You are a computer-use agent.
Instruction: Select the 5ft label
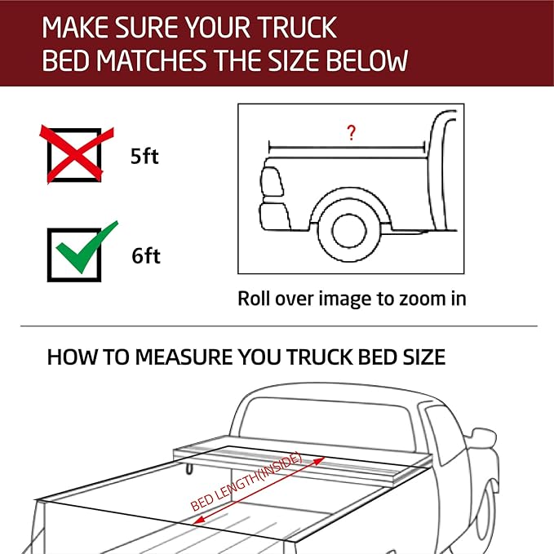(x=144, y=156)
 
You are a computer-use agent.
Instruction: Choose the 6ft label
(x=145, y=256)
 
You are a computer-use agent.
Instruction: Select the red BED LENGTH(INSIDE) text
(x=246, y=482)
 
